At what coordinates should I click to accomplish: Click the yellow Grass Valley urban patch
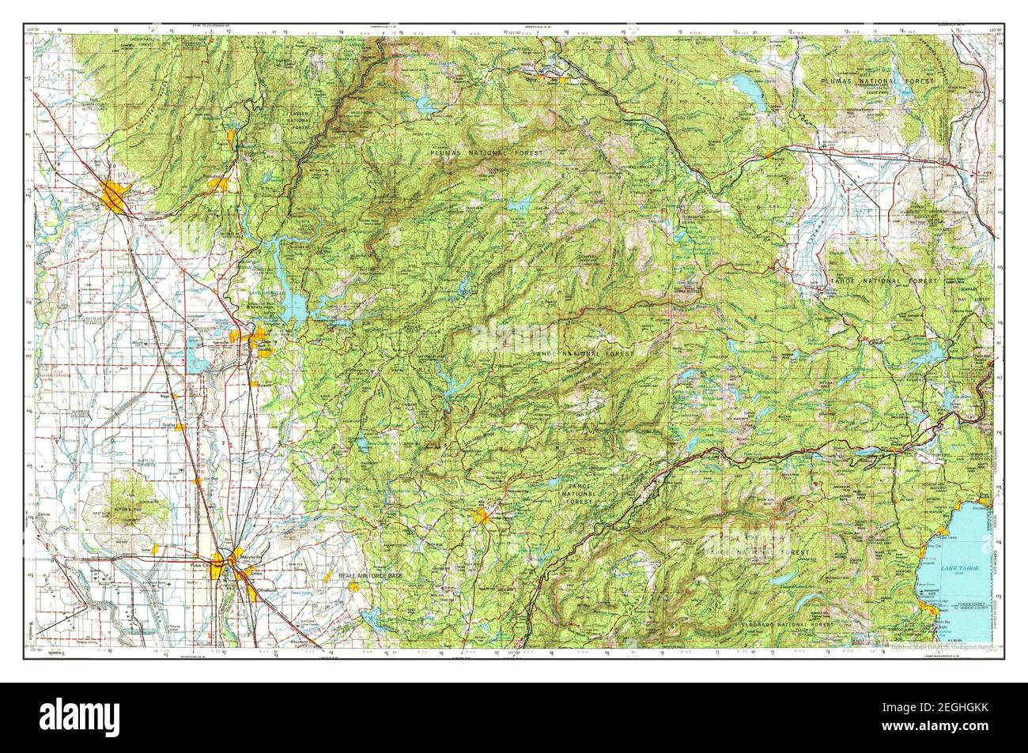coord(481,518)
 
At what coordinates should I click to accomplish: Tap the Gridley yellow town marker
coord(180,426)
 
